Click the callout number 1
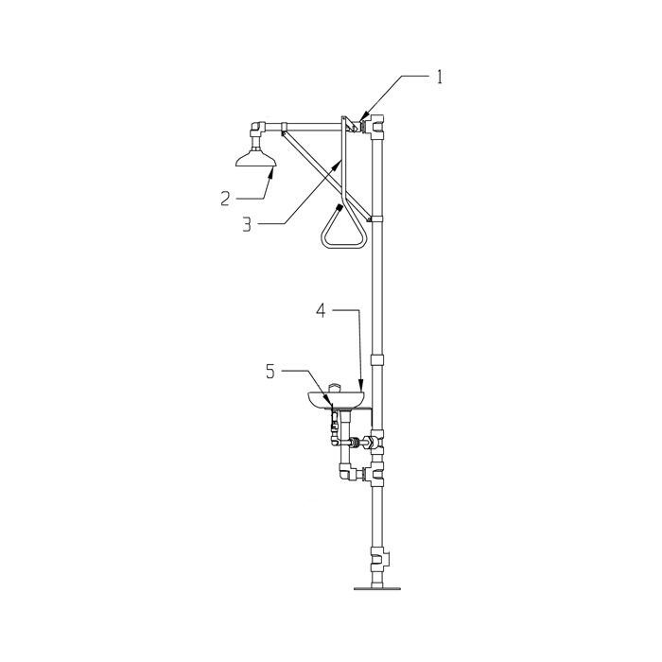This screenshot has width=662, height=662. [x=439, y=78]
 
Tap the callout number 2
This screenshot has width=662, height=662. [x=225, y=199]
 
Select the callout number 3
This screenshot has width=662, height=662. [x=247, y=225]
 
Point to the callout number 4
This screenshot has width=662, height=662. [x=322, y=311]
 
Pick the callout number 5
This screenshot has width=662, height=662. [x=270, y=372]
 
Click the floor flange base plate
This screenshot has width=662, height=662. [x=377, y=587]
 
